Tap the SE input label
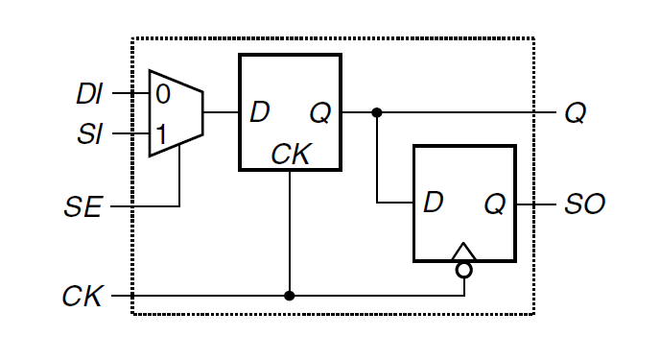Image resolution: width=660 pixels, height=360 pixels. coord(86,206)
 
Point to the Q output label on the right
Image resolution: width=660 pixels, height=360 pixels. coord(575,113)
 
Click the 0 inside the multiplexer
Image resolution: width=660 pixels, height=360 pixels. coord(162,94)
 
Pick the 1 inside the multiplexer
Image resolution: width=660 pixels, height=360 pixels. coord(162,134)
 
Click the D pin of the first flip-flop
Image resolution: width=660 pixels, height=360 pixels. coord(259,113)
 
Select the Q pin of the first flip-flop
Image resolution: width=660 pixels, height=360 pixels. coord(320,113)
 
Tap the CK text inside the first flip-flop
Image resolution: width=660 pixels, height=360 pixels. coord(290,155)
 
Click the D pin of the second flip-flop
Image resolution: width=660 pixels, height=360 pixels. coord(434,203)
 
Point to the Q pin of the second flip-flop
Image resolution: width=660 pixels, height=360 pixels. coord(495,204)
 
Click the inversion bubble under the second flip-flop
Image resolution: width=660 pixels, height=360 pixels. coord(464,270)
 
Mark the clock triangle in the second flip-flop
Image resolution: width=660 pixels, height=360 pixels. coord(464,253)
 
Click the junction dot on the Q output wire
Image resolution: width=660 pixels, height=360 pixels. coord(377,113)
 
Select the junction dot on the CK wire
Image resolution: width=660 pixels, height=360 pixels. coord(290,296)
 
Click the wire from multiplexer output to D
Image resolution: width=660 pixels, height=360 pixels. coord(221,113)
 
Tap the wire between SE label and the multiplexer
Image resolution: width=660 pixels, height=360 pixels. coord(144,206)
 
